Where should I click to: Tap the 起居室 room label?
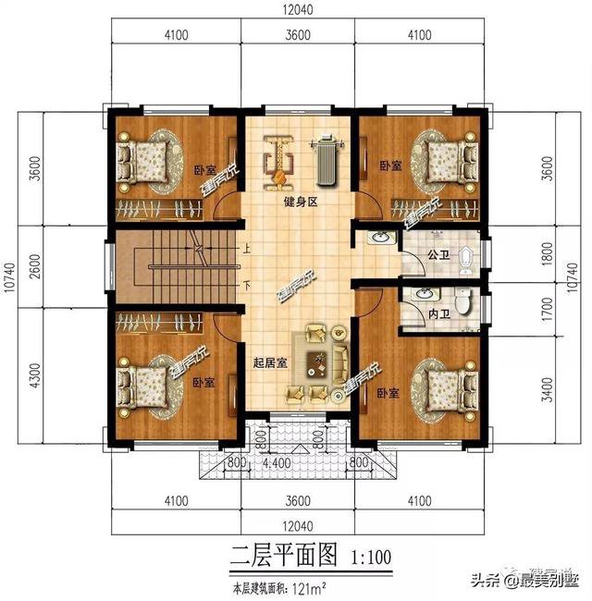(x=269, y=363)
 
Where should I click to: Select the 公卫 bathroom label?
(x=438, y=253)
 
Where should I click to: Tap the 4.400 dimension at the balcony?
(x=277, y=462)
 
